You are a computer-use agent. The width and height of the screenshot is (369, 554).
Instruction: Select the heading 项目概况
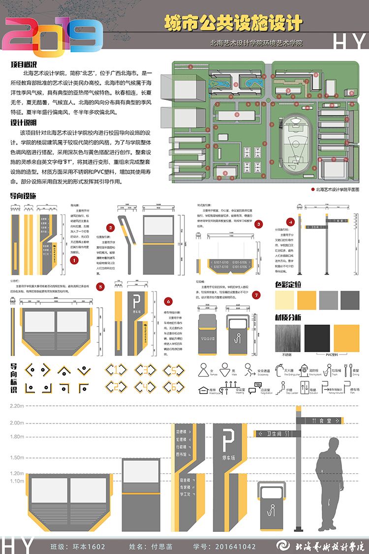pyautogui.click(x=25, y=65)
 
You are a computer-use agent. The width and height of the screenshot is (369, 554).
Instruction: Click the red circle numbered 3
pyautogui.click(x=259, y=224)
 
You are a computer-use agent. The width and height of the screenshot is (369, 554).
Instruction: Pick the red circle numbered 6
pyautogui.click(x=168, y=301)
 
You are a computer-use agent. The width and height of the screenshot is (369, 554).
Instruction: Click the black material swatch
pyautogui.click(x=317, y=338)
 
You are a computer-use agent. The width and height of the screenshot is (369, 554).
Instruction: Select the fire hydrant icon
pyautogui.click(x=304, y=369)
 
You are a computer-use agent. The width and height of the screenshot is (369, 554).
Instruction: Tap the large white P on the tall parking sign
pyautogui.click(x=228, y=439)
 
